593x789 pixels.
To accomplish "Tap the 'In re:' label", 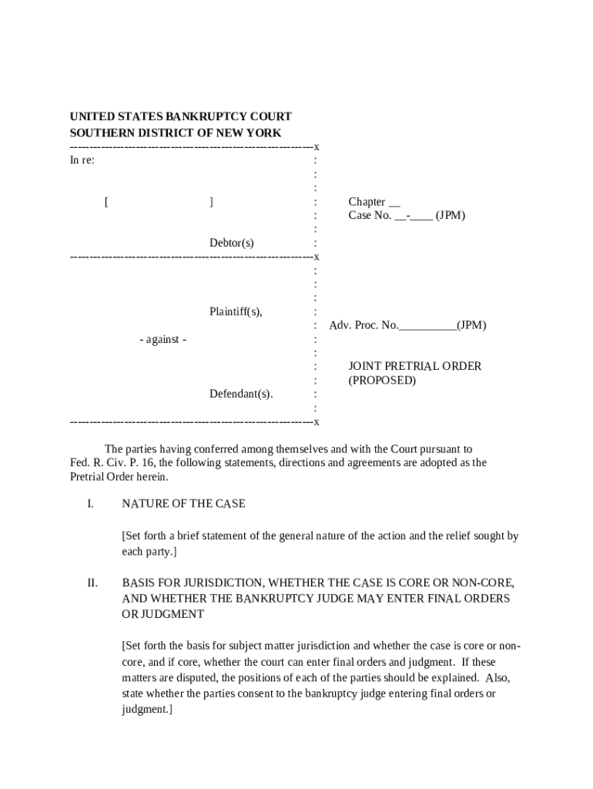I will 82,160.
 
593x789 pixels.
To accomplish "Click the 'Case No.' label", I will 370,216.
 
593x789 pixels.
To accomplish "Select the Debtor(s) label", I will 231,243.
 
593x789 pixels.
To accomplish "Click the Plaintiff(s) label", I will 236,312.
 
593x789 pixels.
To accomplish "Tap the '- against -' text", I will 162,340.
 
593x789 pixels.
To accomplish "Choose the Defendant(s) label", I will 241,394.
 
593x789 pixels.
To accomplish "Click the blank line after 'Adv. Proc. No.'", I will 427,326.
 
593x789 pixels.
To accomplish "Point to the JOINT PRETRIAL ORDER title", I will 414,367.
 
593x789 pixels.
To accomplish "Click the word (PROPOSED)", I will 382,381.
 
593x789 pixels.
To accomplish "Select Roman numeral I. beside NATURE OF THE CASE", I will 90,504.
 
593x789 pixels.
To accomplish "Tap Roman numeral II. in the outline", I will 92,583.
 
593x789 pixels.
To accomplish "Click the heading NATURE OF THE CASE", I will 183,504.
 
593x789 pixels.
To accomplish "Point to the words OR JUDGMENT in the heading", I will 162,615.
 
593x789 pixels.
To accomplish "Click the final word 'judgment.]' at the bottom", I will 146,710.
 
